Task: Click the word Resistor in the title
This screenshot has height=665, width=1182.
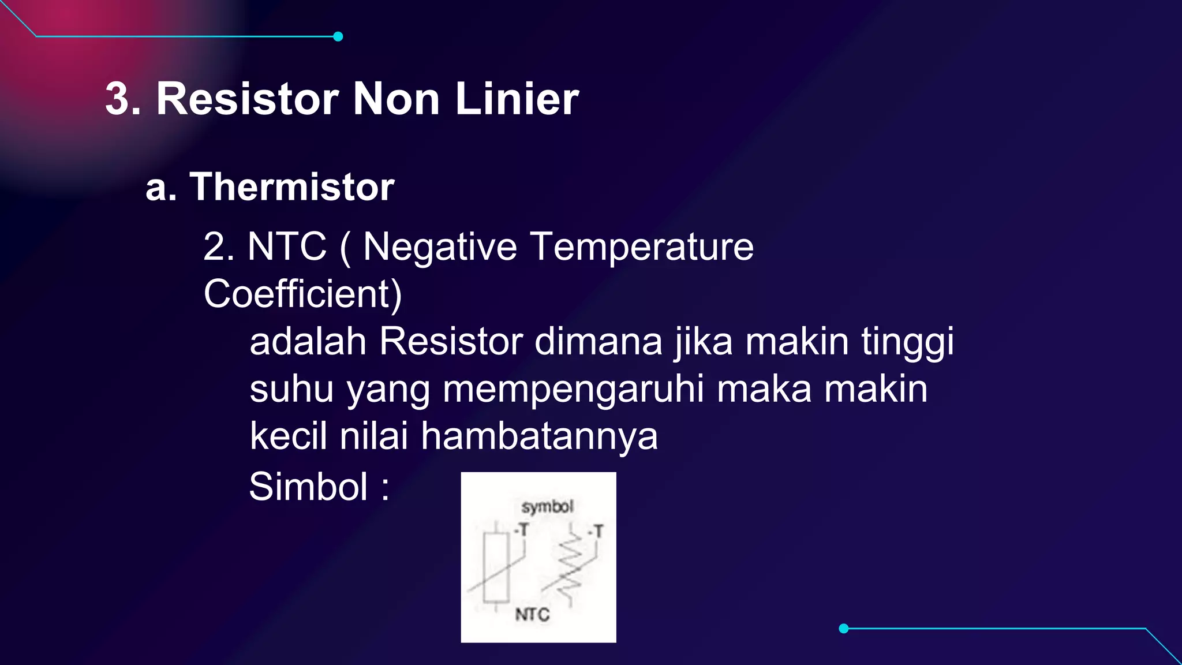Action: click(x=248, y=99)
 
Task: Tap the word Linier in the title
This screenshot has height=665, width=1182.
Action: click(x=517, y=99)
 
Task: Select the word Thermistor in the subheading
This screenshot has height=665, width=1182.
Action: click(x=292, y=187)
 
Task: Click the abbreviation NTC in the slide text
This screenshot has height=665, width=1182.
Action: click(x=287, y=246)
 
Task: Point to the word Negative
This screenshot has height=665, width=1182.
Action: click(x=440, y=246)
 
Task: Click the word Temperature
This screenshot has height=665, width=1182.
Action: click(x=642, y=246)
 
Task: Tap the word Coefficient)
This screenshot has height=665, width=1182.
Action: click(x=302, y=294)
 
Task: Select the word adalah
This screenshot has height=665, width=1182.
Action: click(x=308, y=341)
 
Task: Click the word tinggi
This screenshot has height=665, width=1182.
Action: click(x=907, y=342)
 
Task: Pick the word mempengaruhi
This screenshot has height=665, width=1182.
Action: click(x=573, y=390)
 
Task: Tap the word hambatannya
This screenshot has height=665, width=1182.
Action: click(x=539, y=436)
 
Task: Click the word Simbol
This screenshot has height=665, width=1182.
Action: click(x=308, y=487)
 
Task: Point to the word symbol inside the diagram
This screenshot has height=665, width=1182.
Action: click(x=547, y=507)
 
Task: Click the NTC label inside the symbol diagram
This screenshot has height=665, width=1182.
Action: click(x=532, y=614)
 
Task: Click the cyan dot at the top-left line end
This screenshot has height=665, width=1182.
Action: click(x=338, y=36)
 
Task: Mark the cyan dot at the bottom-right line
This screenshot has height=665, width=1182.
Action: click(x=844, y=628)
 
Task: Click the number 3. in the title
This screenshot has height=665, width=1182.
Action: click(x=123, y=99)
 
